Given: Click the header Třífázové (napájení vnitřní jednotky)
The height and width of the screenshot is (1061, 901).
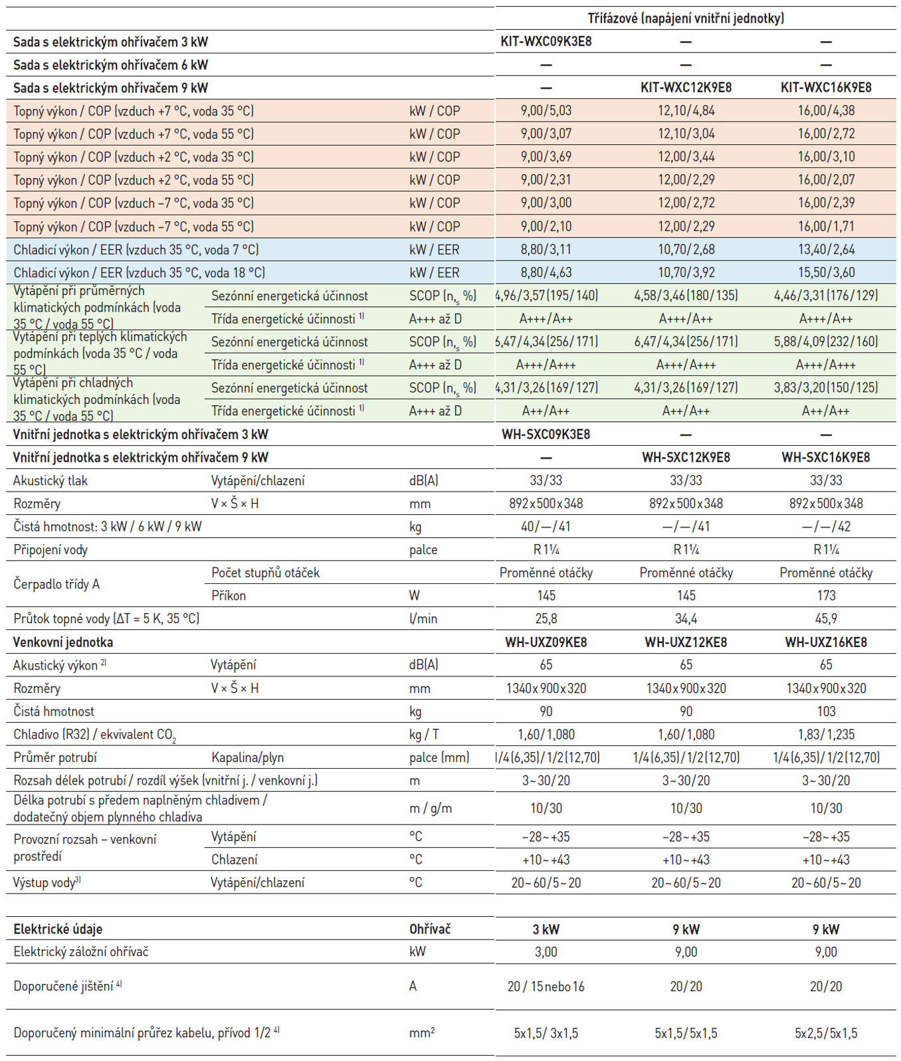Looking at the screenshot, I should coord(686,19).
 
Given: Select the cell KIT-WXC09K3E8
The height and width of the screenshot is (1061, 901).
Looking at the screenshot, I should coord(546,42).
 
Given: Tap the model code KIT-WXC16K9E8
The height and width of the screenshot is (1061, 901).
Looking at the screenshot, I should coord(826,88).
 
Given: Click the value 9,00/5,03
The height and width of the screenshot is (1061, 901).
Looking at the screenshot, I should coord(546,111).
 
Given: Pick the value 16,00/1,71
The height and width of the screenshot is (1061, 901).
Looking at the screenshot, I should coord(826,227).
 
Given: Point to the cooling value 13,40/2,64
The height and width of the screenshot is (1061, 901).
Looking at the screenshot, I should coord(826,250).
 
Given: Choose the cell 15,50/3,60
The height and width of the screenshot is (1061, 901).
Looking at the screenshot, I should coord(826,272).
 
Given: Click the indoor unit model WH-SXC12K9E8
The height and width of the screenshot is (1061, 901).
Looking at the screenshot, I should coord(686,458).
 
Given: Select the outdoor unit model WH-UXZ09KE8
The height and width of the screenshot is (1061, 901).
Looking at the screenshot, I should coord(546,642).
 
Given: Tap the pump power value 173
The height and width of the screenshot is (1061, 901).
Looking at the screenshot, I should coord(826,596).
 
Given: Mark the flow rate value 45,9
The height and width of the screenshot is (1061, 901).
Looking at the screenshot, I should coord(826,619).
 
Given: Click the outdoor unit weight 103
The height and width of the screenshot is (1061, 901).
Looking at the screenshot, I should coord(826,712).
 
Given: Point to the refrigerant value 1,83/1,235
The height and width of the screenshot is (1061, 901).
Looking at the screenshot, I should coord(826,735).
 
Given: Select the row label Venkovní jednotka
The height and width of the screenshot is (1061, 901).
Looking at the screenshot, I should coord(63,642).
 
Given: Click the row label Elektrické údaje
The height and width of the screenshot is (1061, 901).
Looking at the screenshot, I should coord(58,929).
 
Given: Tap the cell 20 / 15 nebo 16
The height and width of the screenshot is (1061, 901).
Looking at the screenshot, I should coord(546,987).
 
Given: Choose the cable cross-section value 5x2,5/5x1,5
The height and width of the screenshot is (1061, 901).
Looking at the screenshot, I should coord(826,1034).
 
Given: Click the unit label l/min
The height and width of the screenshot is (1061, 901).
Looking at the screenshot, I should coord(423,619).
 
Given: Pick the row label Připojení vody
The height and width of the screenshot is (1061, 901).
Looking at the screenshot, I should coord(50,550).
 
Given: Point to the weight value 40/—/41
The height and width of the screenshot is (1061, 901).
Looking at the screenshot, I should coord(546,527).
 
